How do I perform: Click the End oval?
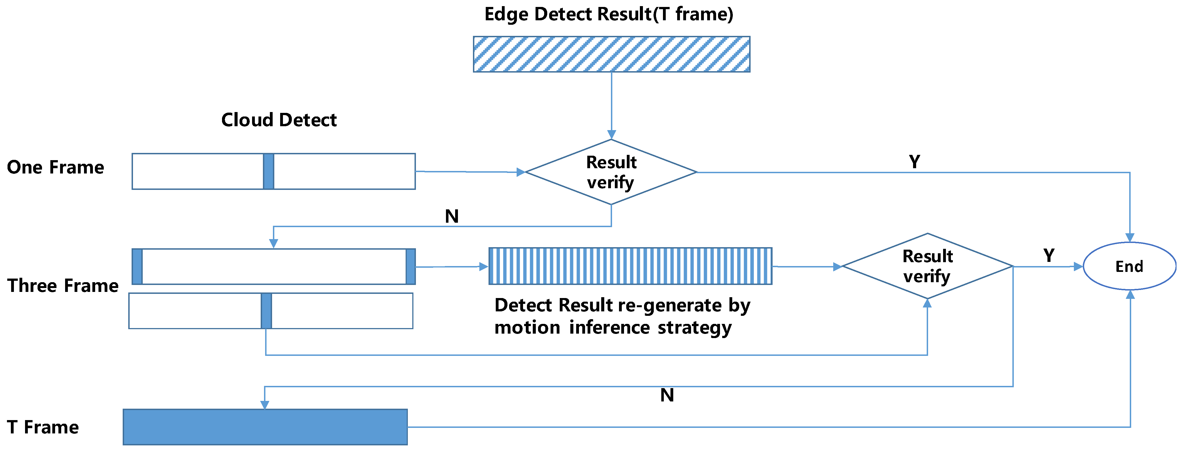click(x=1129, y=266)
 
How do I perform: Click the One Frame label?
click(x=55, y=167)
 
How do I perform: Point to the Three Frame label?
click(x=63, y=286)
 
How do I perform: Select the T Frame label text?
click(x=43, y=427)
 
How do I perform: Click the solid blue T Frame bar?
click(x=265, y=427)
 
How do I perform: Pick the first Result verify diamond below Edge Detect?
click(x=611, y=172)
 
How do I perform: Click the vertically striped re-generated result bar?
click(x=630, y=266)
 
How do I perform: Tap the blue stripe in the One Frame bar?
click(x=268, y=171)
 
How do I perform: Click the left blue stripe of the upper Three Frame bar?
click(x=137, y=266)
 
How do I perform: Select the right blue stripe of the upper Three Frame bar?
click(x=410, y=266)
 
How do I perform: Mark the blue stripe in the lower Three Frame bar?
click(x=266, y=311)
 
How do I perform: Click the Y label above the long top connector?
click(x=914, y=162)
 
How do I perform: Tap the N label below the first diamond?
click(x=452, y=216)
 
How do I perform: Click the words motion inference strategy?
click(x=613, y=328)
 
